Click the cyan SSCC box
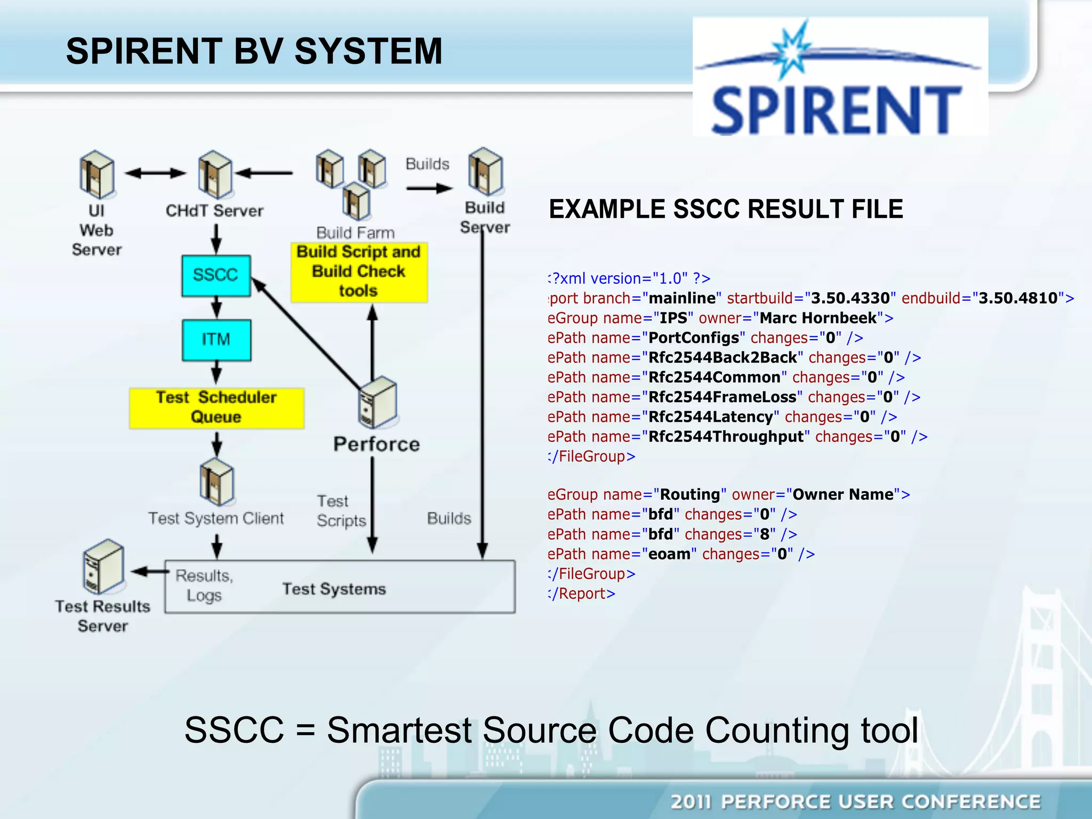pos(216,276)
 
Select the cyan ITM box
pos(216,340)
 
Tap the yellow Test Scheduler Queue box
pos(216,408)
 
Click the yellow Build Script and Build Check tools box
pos(359,272)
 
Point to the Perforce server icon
pos(378,403)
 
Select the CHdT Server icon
pos(215,174)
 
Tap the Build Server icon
pos(485,172)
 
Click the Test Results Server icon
pos(103,566)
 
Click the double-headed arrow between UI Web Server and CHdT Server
pos(155,173)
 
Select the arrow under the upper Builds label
pos(429,188)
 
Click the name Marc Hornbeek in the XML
pos(818,318)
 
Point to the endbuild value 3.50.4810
pos(1018,298)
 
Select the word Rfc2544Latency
pos(710,417)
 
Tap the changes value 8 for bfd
pos(765,534)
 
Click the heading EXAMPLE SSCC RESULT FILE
pos(726,209)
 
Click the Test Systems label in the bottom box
pos(334,589)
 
